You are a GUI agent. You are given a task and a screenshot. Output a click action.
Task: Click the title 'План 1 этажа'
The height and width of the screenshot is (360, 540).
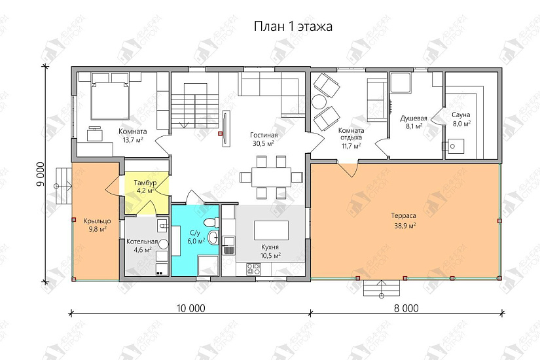[x=293, y=26]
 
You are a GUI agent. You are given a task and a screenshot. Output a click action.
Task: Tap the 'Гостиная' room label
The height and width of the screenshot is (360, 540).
[x=264, y=135]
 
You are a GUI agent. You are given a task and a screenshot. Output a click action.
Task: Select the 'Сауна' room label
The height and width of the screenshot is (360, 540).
[x=461, y=115]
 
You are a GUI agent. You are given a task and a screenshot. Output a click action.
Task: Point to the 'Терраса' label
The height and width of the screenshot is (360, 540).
[x=404, y=215]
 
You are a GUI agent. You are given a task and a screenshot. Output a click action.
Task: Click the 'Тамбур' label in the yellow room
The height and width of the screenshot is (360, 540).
[x=145, y=182]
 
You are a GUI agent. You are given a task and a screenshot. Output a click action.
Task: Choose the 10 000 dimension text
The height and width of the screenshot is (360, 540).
[x=190, y=308]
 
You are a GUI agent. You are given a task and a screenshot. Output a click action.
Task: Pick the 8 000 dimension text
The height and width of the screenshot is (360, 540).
[x=406, y=308]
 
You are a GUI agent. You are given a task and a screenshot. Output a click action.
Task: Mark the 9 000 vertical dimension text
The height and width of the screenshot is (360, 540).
[x=41, y=174]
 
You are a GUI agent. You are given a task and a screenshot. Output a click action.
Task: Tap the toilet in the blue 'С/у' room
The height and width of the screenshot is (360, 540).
[x=211, y=222]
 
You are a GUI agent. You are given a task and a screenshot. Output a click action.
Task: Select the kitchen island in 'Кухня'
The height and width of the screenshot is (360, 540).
[x=272, y=230]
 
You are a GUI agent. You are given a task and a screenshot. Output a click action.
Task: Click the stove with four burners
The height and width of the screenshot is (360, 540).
[x=254, y=269]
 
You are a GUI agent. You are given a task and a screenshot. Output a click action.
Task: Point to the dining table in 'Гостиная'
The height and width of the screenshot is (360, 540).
[x=272, y=177]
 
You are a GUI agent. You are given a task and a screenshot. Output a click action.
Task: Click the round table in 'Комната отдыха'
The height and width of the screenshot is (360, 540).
[x=319, y=101]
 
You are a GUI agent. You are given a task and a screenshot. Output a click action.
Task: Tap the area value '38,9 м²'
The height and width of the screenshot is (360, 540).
[x=404, y=226]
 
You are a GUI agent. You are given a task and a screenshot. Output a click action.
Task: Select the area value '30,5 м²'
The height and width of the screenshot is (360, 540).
[x=264, y=143]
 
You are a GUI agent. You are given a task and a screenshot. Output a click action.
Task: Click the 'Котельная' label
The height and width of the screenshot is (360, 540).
[x=142, y=242]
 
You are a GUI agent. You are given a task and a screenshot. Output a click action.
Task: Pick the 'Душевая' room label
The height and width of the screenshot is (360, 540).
[x=414, y=118]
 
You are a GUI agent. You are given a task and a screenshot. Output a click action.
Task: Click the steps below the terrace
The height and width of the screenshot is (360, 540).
[x=382, y=288]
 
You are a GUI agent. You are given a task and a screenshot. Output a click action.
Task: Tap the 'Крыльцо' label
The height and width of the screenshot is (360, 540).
[x=98, y=221]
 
